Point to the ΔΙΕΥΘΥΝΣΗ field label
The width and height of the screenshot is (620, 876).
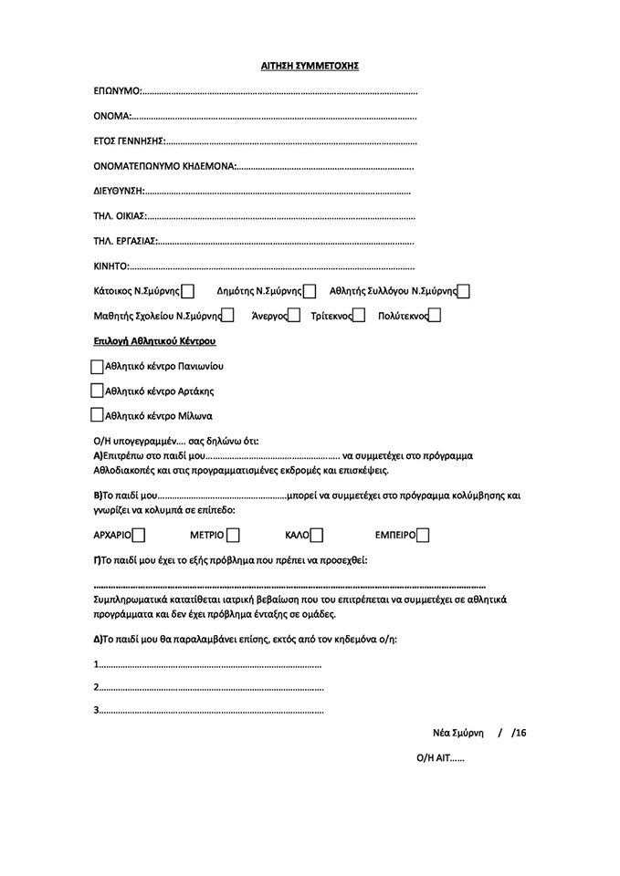119,192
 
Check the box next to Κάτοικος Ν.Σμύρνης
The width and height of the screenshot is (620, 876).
187,292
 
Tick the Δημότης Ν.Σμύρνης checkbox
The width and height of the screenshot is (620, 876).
310,292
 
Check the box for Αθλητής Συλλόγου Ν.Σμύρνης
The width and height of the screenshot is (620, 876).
463,292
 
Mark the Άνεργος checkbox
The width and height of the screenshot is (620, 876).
294,316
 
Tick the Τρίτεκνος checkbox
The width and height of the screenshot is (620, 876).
359,316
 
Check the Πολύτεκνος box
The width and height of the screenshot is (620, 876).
435,316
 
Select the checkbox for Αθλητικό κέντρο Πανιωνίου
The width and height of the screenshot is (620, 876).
98,366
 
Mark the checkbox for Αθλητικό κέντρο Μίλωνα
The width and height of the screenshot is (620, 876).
98,415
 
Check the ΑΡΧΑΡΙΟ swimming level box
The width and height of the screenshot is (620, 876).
139,535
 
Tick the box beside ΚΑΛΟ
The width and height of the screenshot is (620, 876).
317,535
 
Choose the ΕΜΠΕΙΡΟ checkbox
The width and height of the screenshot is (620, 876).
423,535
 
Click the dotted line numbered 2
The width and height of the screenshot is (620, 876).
210,687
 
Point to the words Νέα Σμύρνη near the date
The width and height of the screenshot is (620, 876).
457,733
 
